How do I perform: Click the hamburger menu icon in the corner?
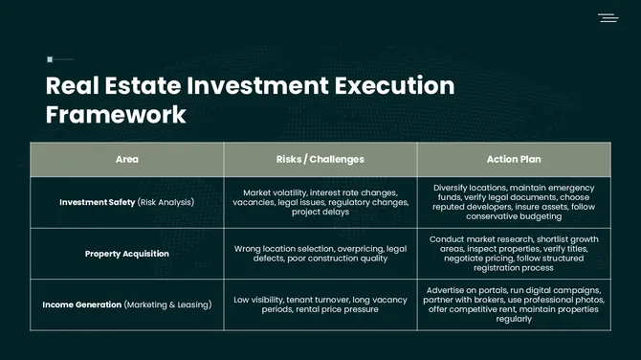coord(608,17)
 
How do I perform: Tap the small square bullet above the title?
coord(50,59)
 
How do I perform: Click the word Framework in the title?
coord(116,115)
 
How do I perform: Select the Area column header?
coord(126,159)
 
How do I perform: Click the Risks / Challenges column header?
coord(320,159)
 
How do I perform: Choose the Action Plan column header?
coord(513,159)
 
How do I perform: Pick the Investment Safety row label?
coord(97,202)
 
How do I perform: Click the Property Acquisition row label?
coord(126,254)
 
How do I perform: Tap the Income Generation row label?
coord(82,304)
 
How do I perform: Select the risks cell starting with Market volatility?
coord(320,202)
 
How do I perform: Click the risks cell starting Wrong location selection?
coord(320,254)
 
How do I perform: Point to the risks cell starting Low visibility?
coord(320,304)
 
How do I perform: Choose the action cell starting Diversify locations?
coord(513,202)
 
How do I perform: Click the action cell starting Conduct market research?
coord(513,254)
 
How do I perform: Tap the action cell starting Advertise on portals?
coord(513,304)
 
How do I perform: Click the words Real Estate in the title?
coord(111,85)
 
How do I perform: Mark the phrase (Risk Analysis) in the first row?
coord(166,202)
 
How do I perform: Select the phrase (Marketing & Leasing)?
coord(166,304)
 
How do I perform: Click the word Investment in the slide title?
coord(253,85)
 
